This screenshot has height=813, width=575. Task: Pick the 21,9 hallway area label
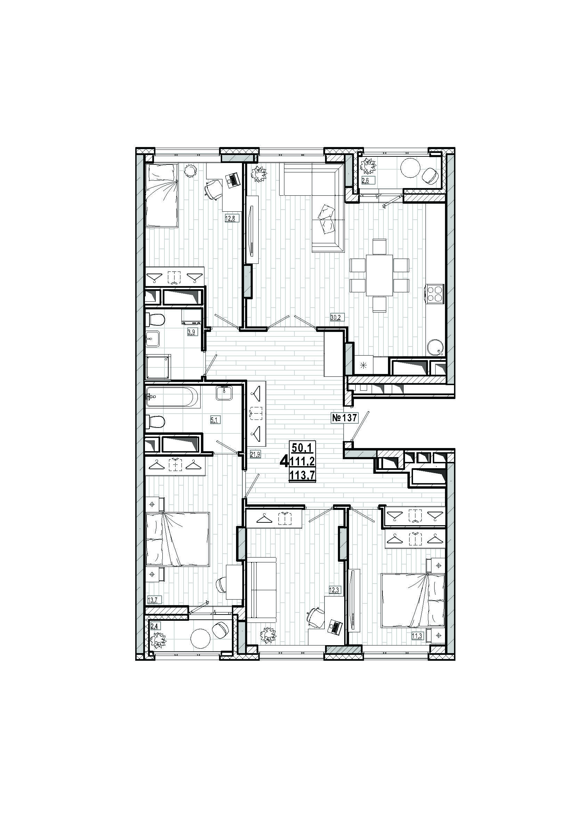point(255,455)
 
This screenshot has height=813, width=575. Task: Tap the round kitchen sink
point(436,347)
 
